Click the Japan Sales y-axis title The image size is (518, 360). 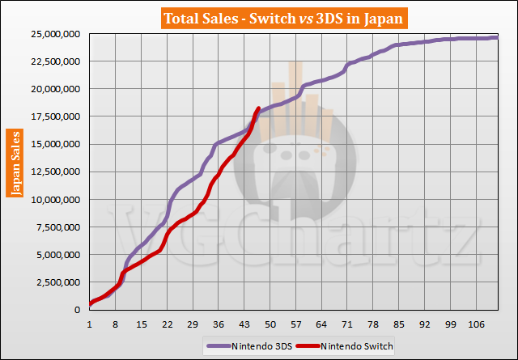pos(15,162)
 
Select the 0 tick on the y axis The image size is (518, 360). pos(79,310)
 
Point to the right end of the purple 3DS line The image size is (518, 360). pos(497,37)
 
